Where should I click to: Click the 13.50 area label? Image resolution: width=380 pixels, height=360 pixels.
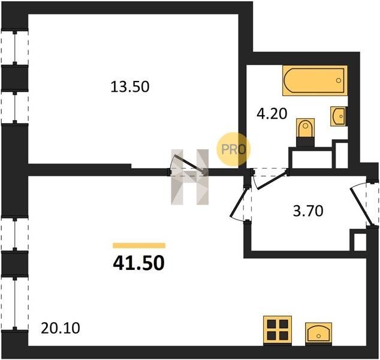click(x=130, y=87)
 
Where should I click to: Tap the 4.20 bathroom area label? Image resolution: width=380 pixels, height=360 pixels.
click(x=272, y=113)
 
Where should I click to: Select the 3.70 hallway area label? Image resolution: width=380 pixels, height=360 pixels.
click(x=308, y=211)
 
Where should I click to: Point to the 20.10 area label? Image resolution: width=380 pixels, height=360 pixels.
click(x=61, y=328)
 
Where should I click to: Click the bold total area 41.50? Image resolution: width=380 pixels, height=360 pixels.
click(x=138, y=263)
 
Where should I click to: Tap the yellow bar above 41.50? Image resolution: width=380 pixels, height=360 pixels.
click(x=139, y=245)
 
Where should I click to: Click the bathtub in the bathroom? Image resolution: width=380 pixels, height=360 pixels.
click(x=315, y=80)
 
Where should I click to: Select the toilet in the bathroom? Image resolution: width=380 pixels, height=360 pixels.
click(x=305, y=128)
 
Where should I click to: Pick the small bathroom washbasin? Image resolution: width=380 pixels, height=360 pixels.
click(x=338, y=116)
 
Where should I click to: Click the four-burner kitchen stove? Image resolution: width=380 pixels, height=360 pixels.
click(x=278, y=330)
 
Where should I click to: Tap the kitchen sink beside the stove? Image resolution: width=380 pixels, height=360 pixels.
click(x=318, y=332)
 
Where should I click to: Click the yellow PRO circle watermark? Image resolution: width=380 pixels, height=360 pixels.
click(x=233, y=149)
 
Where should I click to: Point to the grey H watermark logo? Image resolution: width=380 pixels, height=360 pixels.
click(x=190, y=177)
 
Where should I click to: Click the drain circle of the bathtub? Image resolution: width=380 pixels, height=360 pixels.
click(x=339, y=80)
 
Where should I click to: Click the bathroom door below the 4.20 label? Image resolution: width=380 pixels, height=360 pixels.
click(x=269, y=179)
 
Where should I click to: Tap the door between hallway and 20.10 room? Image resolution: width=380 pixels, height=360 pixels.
click(x=239, y=204)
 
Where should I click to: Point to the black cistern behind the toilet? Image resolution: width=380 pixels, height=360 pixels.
click(x=305, y=142)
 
